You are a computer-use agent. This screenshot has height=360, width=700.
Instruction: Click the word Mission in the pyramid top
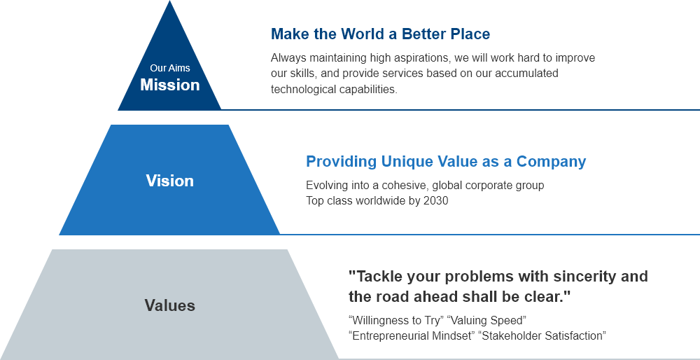(169, 85)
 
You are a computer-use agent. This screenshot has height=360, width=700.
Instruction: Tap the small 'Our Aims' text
(169, 68)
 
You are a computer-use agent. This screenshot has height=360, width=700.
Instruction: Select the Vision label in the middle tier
(169, 181)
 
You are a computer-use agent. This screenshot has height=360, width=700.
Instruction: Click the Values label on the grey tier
(169, 305)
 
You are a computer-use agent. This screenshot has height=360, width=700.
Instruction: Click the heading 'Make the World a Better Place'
(380, 34)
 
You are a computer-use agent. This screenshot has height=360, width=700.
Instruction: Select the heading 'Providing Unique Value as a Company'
(446, 162)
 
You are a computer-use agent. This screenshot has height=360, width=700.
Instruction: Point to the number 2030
(435, 200)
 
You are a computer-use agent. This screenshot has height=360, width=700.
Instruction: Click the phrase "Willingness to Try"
(395, 320)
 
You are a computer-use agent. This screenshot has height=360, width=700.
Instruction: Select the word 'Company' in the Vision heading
(551, 162)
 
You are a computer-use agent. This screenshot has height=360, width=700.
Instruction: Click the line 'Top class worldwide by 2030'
(377, 200)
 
